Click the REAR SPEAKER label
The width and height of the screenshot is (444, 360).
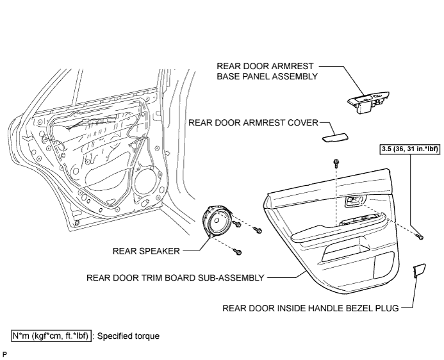(x=146, y=251)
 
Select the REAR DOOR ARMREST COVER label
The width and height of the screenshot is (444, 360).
(x=254, y=123)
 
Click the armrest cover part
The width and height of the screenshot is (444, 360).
(x=335, y=138)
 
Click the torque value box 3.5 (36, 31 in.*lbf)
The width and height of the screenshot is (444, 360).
(x=410, y=149)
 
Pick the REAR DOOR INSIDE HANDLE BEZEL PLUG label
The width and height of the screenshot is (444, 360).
(x=311, y=308)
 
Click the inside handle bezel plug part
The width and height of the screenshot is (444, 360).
(x=419, y=270)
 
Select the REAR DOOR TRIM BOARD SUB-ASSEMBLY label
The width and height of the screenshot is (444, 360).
(x=176, y=277)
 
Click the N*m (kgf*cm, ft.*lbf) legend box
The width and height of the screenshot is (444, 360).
(x=51, y=336)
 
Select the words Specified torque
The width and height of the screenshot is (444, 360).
(x=128, y=336)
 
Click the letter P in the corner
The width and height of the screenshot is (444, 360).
(x=4, y=354)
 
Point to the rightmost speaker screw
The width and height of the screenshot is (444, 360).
(x=258, y=230)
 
